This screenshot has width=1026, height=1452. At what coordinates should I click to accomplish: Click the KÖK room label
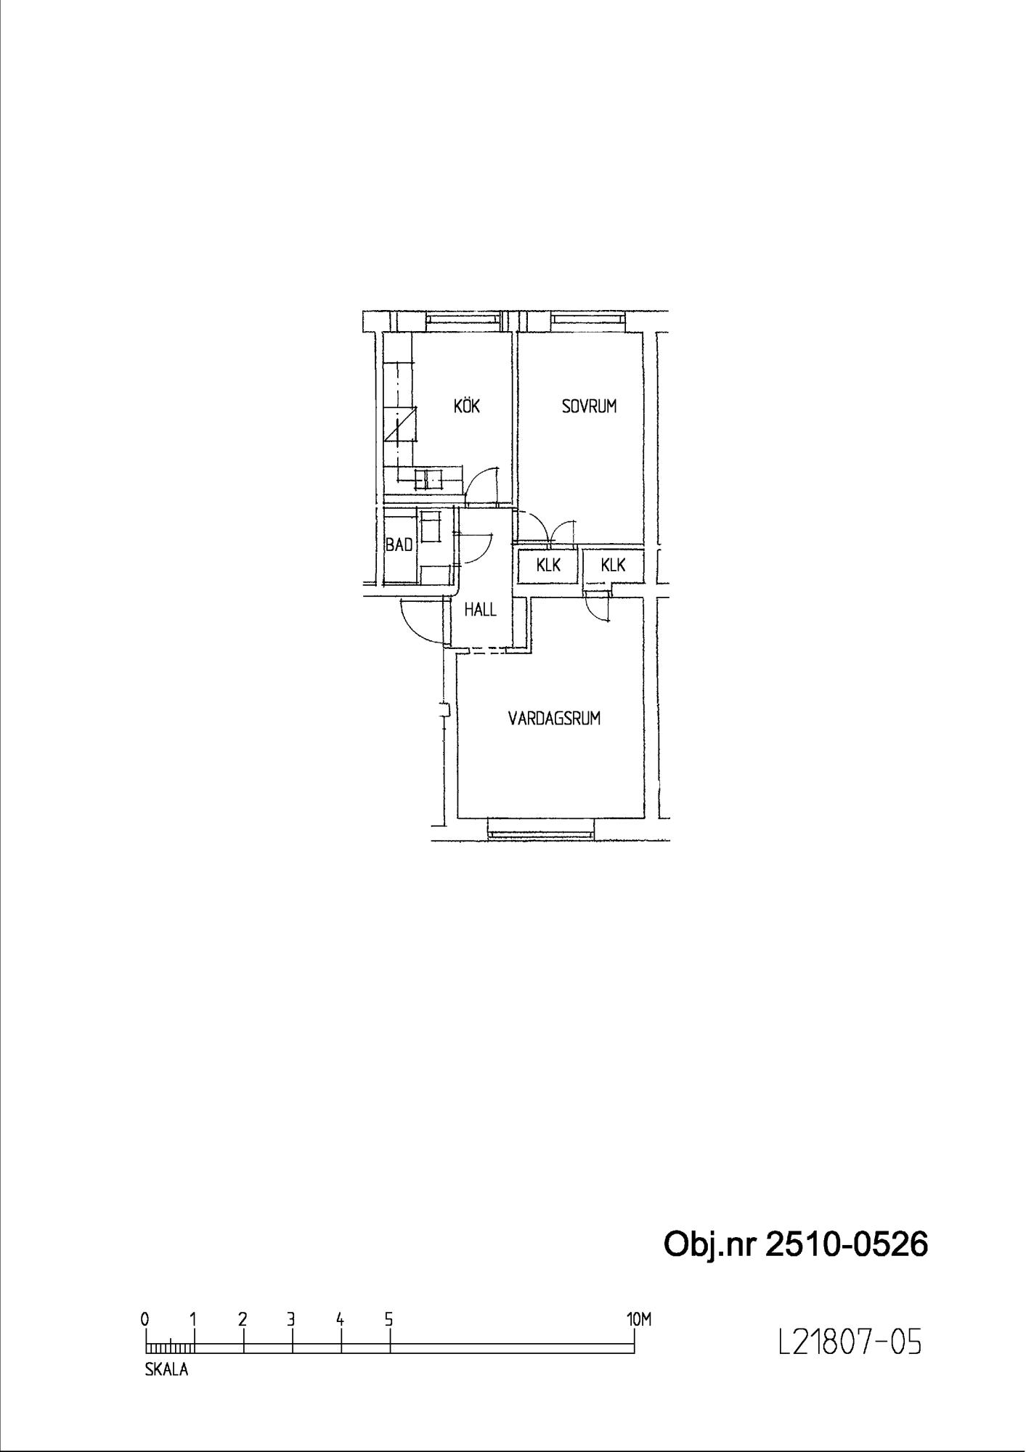pos(467,406)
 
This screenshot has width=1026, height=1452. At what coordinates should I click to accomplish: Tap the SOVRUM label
pos(589,406)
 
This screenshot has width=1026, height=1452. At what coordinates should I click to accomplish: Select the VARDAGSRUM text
pos(554,719)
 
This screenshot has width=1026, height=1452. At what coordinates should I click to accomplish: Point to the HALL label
pos(481,610)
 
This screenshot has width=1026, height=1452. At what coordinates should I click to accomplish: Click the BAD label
pos(399,544)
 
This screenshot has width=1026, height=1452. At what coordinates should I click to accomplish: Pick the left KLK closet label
pos(549,565)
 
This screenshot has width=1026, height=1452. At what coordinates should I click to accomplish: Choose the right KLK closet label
pos(613,565)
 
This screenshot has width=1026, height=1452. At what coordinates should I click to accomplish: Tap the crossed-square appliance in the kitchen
pos(402,424)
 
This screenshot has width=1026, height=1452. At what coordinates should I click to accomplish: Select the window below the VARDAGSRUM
pos(542,828)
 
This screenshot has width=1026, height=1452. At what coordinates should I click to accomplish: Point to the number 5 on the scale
pos(389,1319)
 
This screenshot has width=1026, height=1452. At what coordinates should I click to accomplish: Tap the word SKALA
pos(166,1371)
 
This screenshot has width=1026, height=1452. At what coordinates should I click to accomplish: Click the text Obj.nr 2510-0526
pos(796,1244)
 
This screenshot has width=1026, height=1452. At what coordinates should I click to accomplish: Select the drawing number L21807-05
pos(850,1344)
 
